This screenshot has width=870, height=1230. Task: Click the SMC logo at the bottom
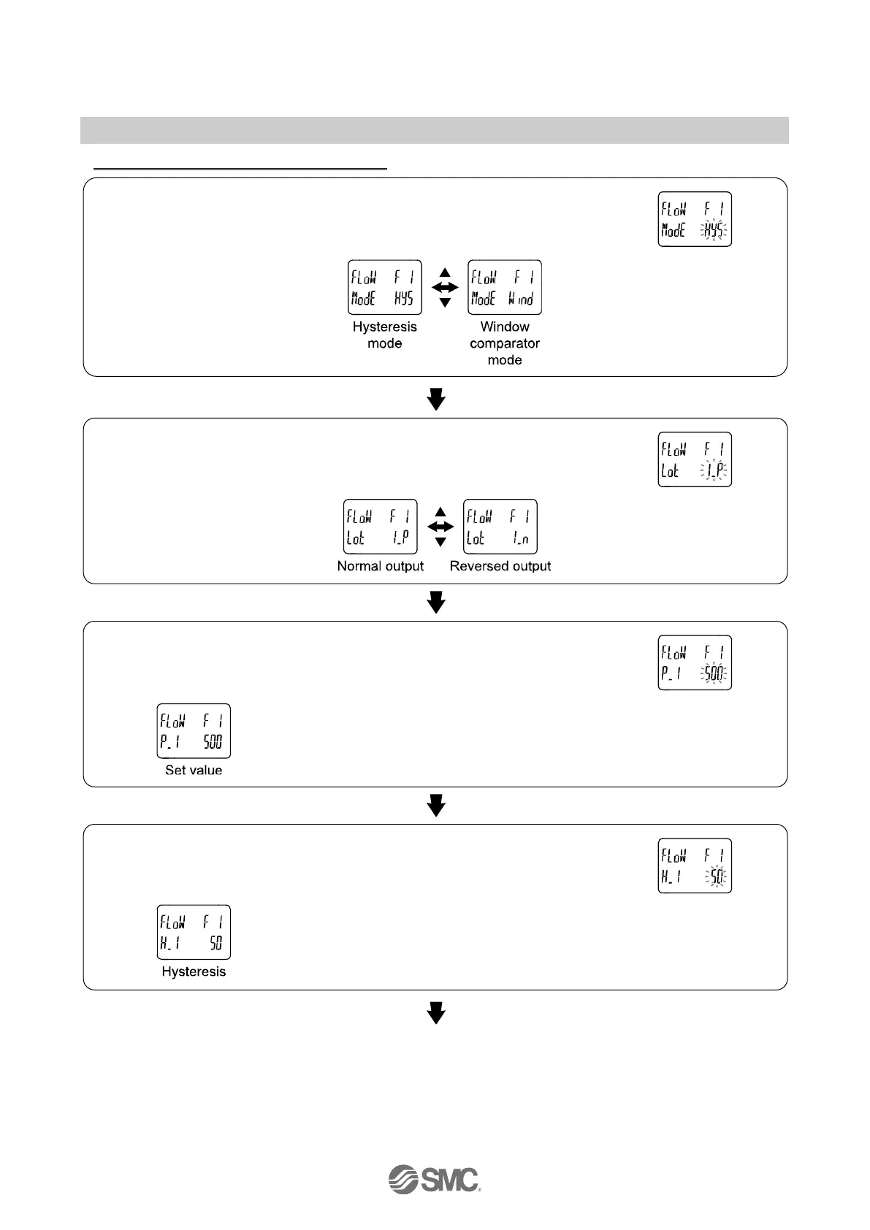(x=434, y=1178)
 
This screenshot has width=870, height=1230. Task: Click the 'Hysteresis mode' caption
(x=384, y=335)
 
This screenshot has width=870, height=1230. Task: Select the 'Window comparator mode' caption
(x=505, y=343)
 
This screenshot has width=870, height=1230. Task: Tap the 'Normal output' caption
(x=380, y=566)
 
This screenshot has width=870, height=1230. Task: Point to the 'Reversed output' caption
(x=500, y=566)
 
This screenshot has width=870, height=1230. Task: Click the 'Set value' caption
(x=194, y=770)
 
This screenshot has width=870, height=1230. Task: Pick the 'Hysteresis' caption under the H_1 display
(x=194, y=971)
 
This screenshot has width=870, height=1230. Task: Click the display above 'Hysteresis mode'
(x=384, y=287)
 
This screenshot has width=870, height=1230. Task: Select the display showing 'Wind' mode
(x=504, y=287)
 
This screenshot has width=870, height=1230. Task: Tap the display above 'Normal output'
(x=381, y=527)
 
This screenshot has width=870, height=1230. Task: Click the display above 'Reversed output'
(x=500, y=527)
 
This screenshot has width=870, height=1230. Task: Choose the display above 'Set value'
(x=194, y=731)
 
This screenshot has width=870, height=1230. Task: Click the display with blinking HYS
(x=695, y=219)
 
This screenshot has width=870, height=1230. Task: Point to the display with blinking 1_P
(x=695, y=459)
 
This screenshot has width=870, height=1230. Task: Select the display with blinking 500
(x=695, y=662)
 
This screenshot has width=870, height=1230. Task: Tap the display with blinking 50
(x=695, y=866)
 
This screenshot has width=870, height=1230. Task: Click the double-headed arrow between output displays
(x=440, y=527)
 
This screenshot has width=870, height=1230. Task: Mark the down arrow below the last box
(x=436, y=1013)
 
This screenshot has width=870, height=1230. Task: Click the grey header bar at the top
(x=434, y=130)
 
